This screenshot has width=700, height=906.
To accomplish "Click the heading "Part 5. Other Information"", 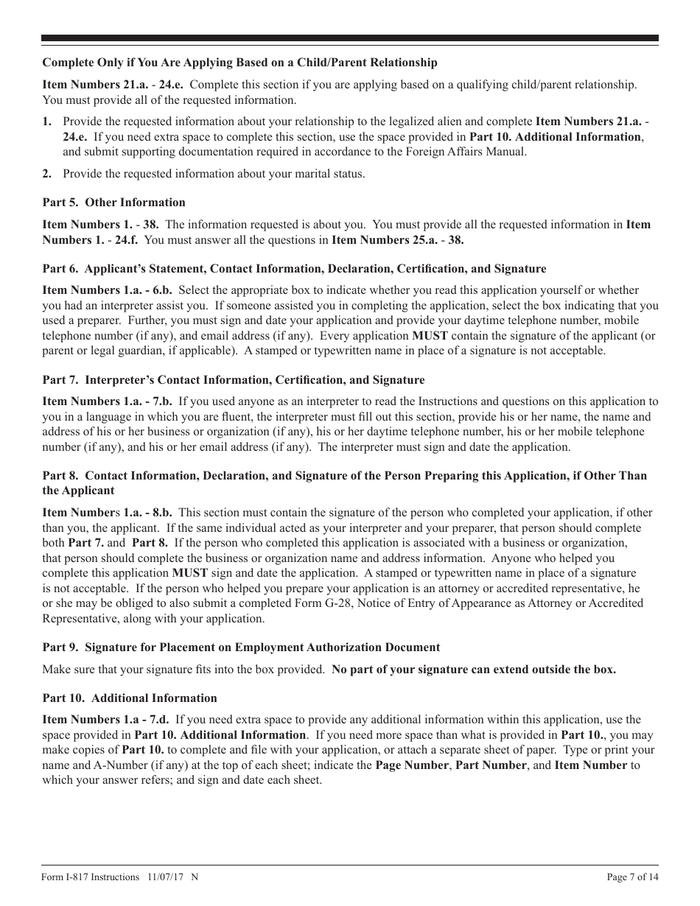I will (113, 203).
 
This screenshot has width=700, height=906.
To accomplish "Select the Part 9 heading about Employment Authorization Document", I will (241, 647).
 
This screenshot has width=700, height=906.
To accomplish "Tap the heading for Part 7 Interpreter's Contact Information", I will (234, 380).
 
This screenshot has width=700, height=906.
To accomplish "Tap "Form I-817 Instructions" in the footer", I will (91, 877).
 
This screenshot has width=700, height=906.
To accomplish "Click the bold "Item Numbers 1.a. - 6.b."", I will (108, 290).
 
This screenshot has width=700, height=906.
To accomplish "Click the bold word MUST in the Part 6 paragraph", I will (430, 335).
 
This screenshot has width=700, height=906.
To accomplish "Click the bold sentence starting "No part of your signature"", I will (473, 670).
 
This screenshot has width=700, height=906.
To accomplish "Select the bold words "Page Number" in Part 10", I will (411, 765).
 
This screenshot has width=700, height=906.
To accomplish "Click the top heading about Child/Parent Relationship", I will (239, 63).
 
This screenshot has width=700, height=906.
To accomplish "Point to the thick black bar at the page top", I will (350, 38).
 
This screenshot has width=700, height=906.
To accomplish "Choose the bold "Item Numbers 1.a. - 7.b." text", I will (108, 401).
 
